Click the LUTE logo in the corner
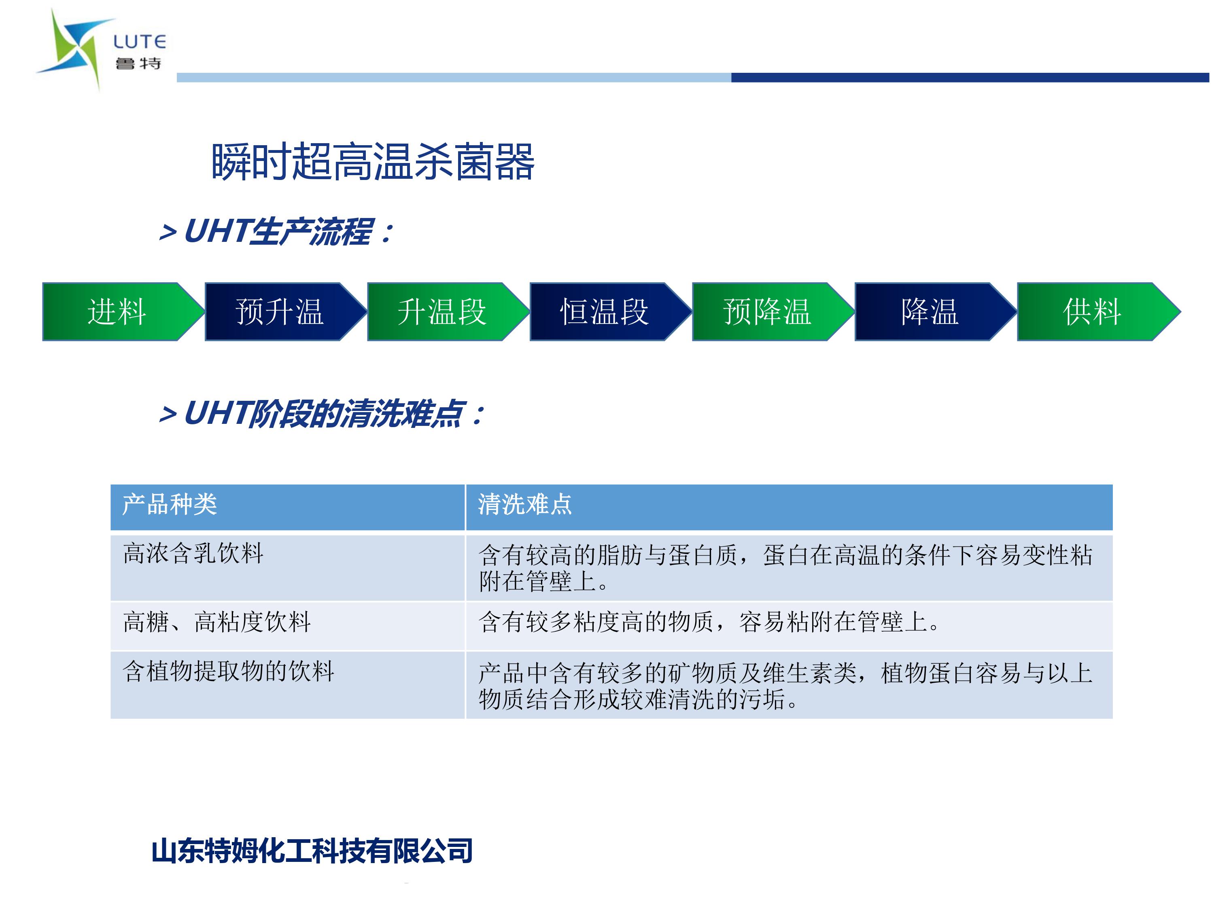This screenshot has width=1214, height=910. pyautogui.click(x=102, y=49)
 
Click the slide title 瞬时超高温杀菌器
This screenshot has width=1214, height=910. pyautogui.click(x=373, y=162)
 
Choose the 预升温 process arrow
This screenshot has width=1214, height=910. pyautogui.click(x=285, y=311)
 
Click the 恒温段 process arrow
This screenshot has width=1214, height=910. pyautogui.click(x=610, y=311)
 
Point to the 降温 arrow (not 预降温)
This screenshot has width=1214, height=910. pyautogui.click(x=935, y=311)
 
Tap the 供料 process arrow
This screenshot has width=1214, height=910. pyautogui.click(x=1098, y=311)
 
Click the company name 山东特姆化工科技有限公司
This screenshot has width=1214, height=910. pyautogui.click(x=312, y=851)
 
